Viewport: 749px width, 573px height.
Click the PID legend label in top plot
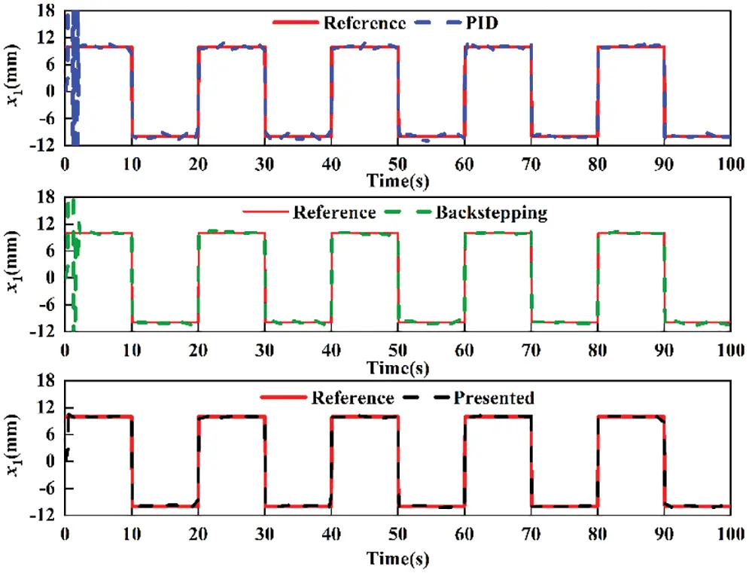tap(482, 23)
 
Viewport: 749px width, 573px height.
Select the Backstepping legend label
tap(492, 212)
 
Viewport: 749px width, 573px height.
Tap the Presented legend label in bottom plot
tap(493, 398)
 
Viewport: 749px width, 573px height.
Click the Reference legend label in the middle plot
tap(333, 212)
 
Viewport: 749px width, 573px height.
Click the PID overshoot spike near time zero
tap(74, 30)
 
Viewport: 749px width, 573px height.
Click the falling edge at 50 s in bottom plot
tap(398, 461)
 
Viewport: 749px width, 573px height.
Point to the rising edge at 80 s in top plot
tap(598, 90)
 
